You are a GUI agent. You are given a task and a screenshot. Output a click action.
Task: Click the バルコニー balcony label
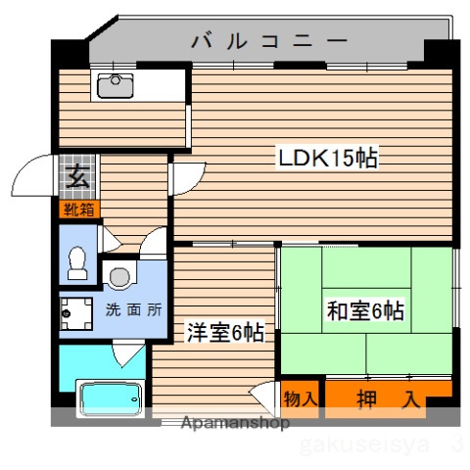[268, 41]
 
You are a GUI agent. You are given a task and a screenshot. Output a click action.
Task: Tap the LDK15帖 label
[328, 158]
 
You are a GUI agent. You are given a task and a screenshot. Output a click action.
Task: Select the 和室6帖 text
[365, 312]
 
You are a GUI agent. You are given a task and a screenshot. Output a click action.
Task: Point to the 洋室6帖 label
[225, 332]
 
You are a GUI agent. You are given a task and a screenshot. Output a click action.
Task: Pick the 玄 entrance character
[76, 178]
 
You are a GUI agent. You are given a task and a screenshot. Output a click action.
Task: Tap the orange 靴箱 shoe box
[79, 209]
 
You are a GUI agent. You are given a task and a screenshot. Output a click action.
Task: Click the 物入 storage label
[301, 399]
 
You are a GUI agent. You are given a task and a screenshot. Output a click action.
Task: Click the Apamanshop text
[235, 424]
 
